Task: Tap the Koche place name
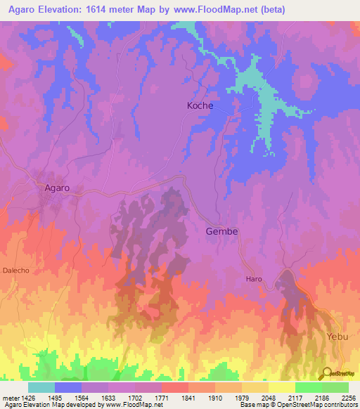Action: coord(200,105)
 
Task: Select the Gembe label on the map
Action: coord(221,231)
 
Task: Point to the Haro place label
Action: coord(254,279)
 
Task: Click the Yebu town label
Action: coord(337,337)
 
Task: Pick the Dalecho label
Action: coord(15,270)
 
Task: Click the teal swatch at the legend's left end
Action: coord(41,387)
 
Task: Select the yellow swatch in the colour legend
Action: coord(281,387)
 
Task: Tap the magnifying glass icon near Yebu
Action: coord(327,373)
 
